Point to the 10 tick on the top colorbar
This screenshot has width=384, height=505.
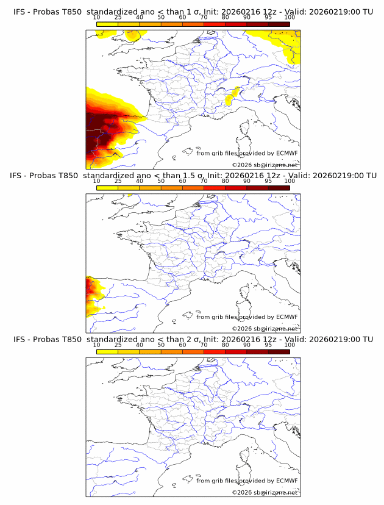click(97, 18)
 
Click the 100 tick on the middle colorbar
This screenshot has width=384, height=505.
click(290, 181)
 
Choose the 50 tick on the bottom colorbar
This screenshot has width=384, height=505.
click(161, 345)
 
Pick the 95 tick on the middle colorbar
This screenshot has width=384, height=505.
click(268, 181)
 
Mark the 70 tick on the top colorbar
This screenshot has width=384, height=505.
click(204, 18)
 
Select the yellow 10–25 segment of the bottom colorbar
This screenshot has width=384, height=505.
click(107, 352)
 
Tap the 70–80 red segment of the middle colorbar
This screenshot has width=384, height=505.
click(214, 188)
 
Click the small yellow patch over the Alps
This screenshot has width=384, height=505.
click(231, 96)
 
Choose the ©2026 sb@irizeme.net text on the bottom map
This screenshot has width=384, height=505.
click(265, 492)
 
